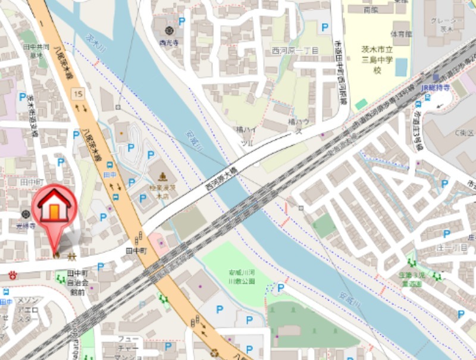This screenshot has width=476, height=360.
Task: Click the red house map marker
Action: click(54, 206)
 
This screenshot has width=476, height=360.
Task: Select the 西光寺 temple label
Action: click(169, 42)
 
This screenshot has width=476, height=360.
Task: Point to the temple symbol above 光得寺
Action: click(26, 214)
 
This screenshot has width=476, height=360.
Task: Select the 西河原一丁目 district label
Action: click(296, 51)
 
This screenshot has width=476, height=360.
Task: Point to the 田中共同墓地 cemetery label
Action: click(36, 50)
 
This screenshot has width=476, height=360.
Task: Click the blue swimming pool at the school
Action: click(400, 67)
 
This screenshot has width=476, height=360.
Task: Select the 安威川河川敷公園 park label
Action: click(241, 277)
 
